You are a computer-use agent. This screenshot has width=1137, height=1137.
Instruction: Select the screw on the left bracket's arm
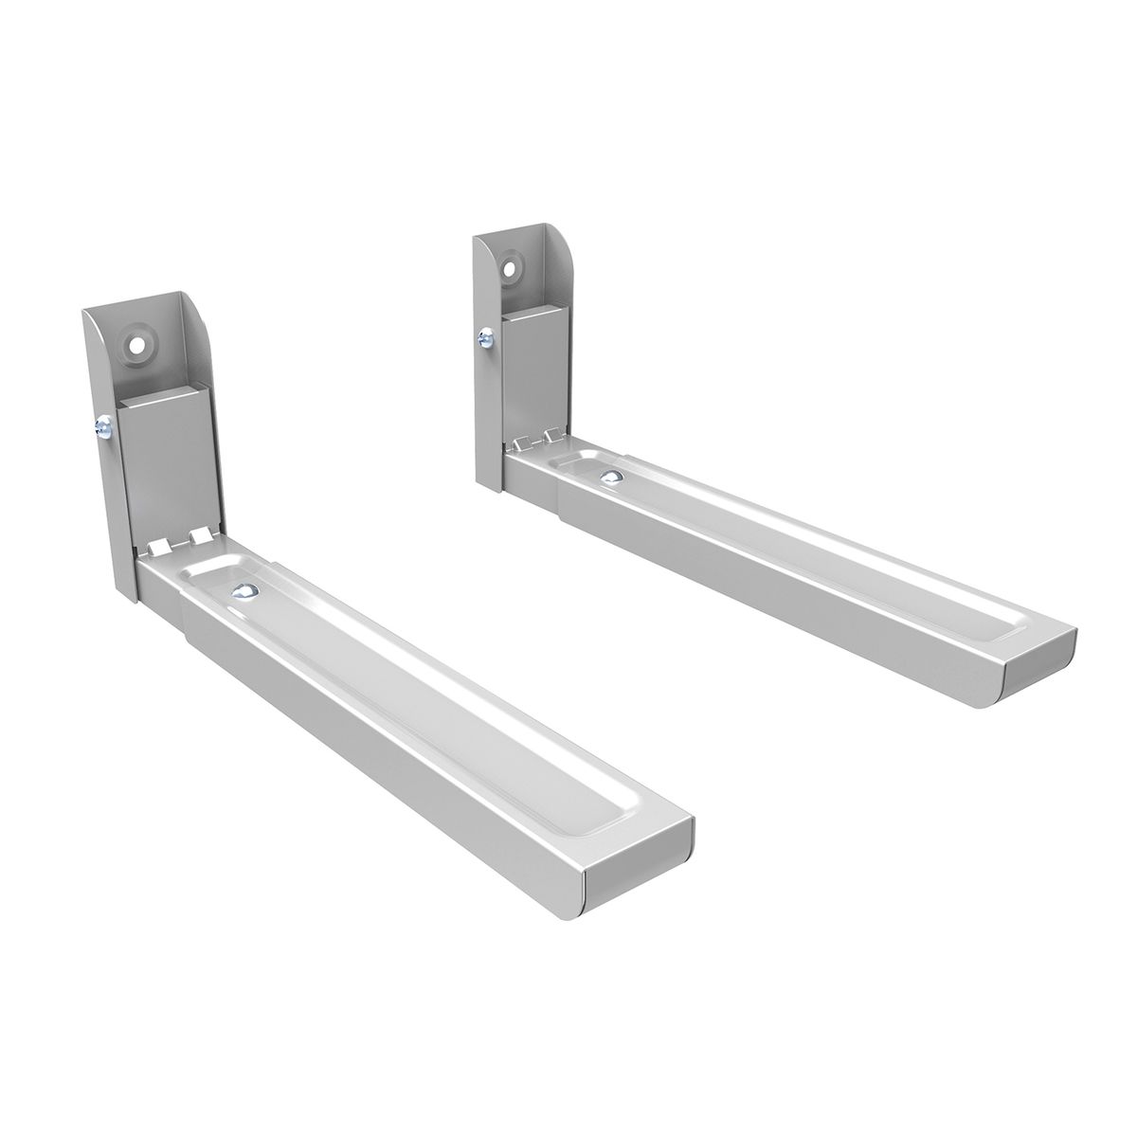coord(244,590)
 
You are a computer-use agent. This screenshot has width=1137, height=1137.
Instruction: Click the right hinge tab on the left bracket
coord(199,536)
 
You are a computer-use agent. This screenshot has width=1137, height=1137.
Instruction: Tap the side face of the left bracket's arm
coord(379,739)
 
